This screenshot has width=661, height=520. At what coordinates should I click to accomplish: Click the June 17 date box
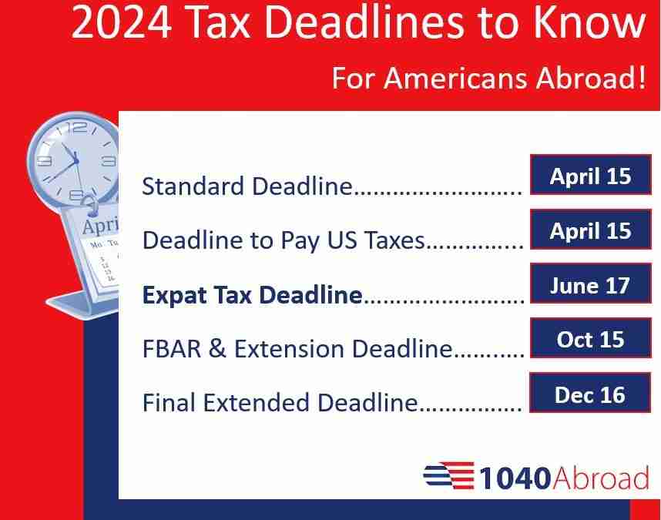click(590, 286)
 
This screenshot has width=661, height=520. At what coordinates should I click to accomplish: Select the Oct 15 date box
click(590, 340)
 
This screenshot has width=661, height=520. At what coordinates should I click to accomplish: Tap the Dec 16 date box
click(590, 394)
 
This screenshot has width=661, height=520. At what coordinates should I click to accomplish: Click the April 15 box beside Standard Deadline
click(590, 176)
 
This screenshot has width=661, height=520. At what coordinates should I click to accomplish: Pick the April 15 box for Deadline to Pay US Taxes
click(590, 231)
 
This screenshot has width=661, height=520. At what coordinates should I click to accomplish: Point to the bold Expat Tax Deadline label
click(252, 295)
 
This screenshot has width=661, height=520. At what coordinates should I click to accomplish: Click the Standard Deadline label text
click(247, 186)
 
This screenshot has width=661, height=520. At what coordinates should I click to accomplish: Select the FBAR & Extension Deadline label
click(297, 349)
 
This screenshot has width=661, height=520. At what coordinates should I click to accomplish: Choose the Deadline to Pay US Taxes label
click(284, 241)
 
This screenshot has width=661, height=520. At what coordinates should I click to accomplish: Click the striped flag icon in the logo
click(448, 477)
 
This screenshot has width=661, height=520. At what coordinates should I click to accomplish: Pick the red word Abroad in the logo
click(601, 478)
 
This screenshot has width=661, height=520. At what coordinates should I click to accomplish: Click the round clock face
click(74, 158)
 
